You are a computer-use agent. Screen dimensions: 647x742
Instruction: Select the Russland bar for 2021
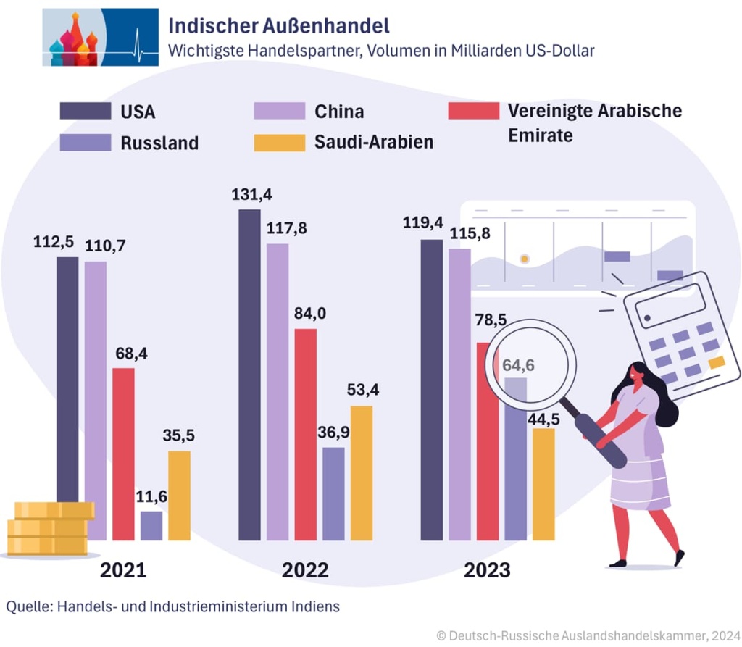[x=151, y=525]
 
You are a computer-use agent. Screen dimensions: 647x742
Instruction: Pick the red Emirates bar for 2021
[x=123, y=454]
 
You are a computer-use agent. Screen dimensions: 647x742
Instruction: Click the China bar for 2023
[x=459, y=394]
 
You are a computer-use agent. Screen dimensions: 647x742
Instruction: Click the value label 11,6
[x=151, y=497]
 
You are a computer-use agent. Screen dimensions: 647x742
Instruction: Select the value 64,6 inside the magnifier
[x=518, y=364]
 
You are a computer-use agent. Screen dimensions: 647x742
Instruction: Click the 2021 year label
[x=123, y=569]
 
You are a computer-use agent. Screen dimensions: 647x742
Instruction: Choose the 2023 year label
[x=487, y=569]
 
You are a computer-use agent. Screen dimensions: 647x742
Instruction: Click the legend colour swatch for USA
[x=85, y=111]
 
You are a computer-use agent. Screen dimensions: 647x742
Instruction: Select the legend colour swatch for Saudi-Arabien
[x=279, y=142]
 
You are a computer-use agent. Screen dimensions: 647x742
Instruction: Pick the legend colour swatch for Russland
[x=85, y=142]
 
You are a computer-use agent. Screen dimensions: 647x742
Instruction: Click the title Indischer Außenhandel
[x=279, y=26]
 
